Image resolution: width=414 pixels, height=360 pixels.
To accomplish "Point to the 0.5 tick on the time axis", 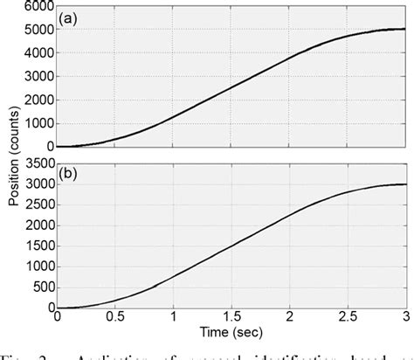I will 114,319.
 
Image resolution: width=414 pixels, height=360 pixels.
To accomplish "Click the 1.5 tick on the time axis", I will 231,319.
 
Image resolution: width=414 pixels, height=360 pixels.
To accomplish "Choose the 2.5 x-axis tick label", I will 348,319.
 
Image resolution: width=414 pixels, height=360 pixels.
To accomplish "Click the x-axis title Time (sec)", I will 231,333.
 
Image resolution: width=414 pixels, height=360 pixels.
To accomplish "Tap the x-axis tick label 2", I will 290,319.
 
